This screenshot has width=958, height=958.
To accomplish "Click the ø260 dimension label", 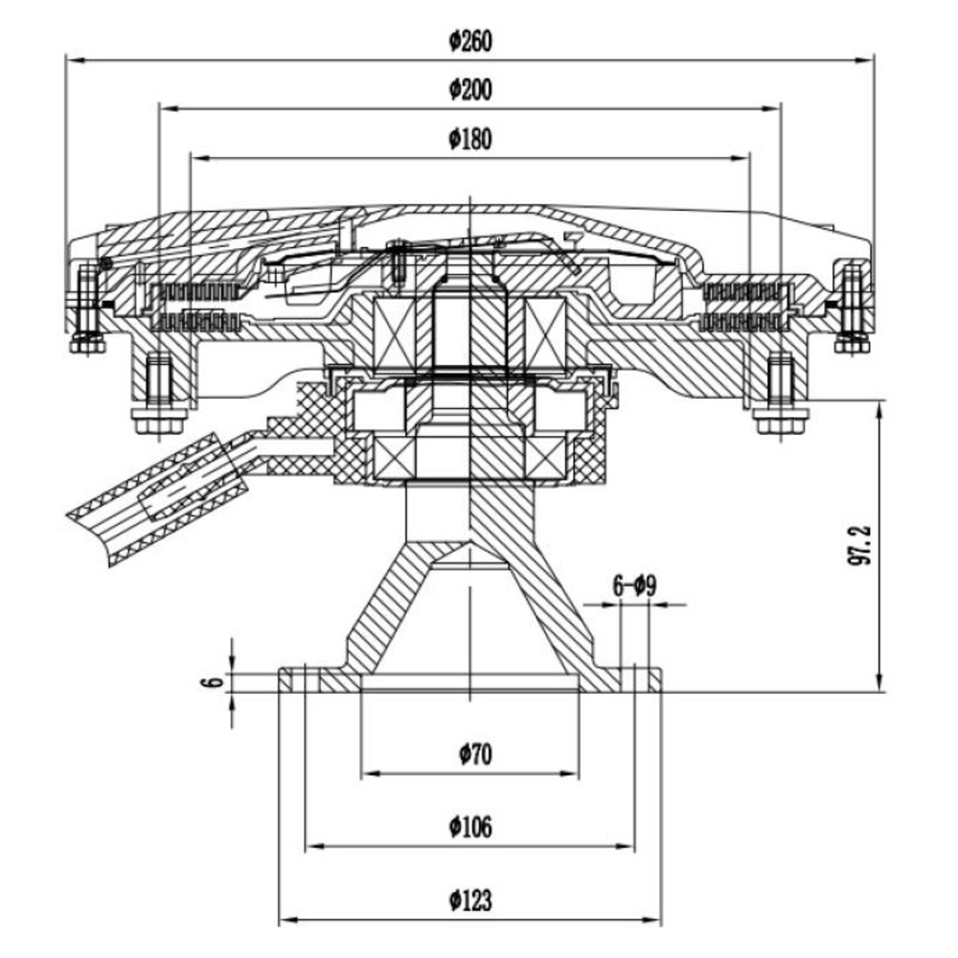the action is point(470,41).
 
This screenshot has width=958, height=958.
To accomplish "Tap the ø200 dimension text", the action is point(470,90).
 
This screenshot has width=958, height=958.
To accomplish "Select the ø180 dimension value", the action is point(470,139).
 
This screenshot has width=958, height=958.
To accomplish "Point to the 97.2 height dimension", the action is point(859,545).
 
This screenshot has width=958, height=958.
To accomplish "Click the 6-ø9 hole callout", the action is point(634,586).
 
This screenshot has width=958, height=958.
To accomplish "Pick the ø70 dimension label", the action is point(475,755).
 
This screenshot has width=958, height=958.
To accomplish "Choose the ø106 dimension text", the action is point(470,828).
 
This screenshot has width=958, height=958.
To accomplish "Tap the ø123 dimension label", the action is point(470,901).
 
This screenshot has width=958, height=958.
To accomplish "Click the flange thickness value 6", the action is point(212,682).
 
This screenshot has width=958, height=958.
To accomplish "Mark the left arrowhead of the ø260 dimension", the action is point(75,60).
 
